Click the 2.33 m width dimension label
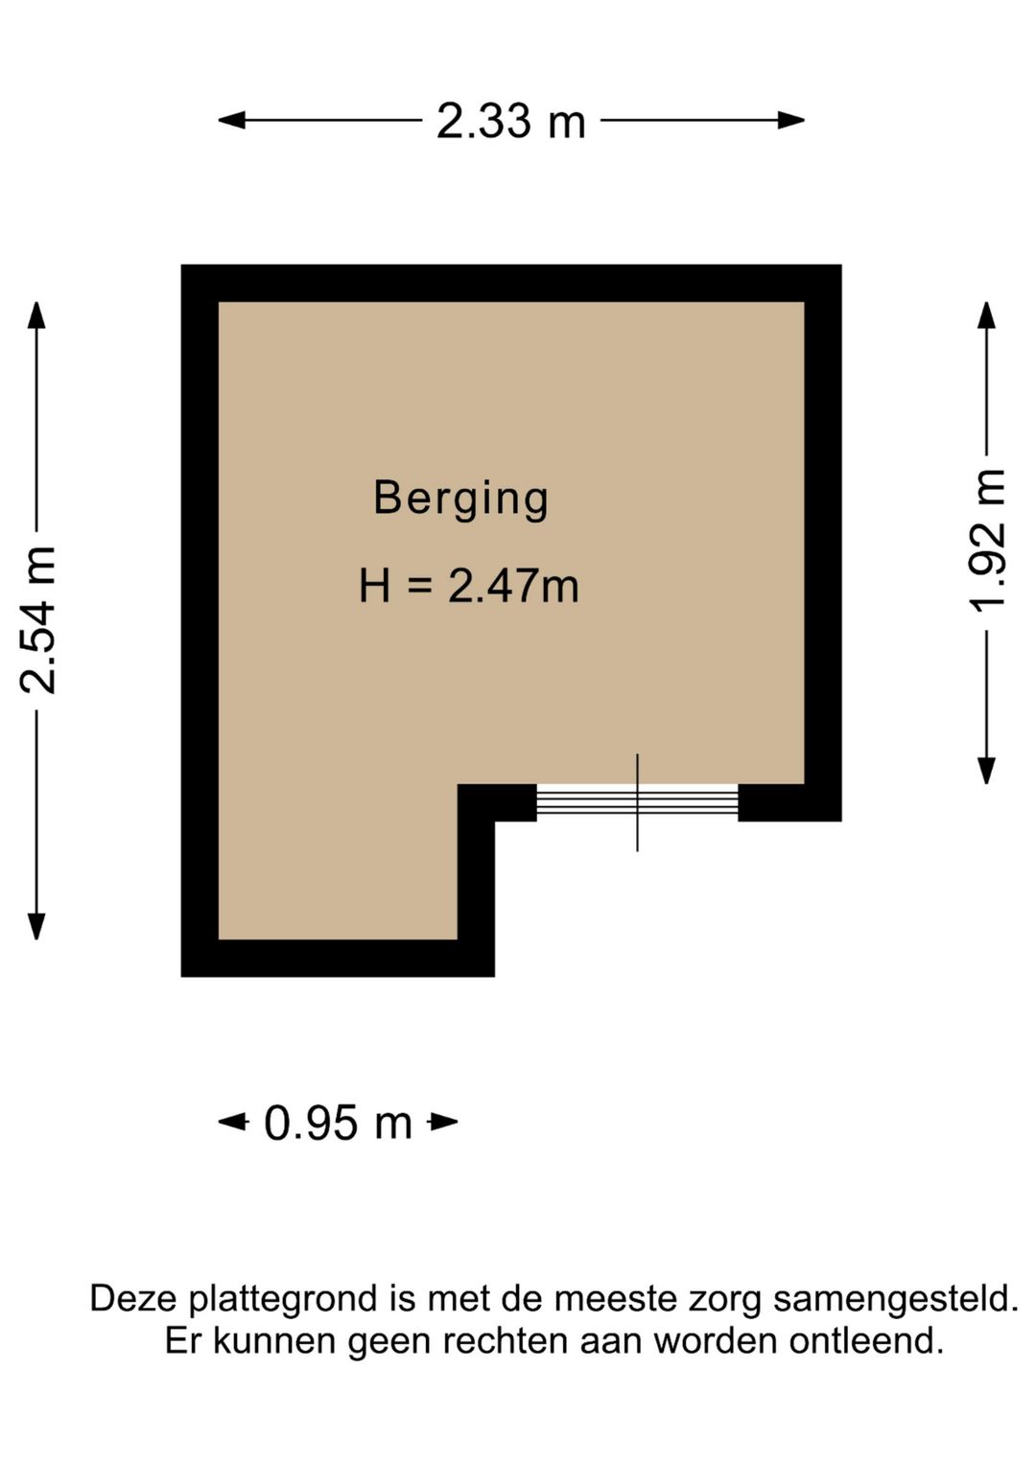pyautogui.click(x=510, y=122)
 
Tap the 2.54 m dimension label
pyautogui.click(x=38, y=619)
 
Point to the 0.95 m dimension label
pyautogui.click(x=338, y=1123)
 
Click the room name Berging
pyautogui.click(x=460, y=499)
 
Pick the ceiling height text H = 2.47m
pyautogui.click(x=469, y=586)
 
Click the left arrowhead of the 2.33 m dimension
pyautogui.click(x=231, y=120)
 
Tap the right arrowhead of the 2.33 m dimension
pyautogui.click(x=790, y=120)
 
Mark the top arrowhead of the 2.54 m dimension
pyautogui.click(x=36, y=315)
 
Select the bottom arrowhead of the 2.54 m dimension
pyautogui.click(x=36, y=925)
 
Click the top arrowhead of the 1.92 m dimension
pyautogui.click(x=986, y=315)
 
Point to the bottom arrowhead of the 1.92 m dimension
pyautogui.click(x=986, y=770)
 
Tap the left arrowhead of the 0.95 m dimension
pyautogui.click(x=233, y=1123)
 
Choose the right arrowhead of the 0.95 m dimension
pyautogui.click(x=443, y=1123)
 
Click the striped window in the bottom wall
pyautogui.click(x=637, y=802)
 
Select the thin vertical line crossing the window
pyautogui.click(x=637, y=802)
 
